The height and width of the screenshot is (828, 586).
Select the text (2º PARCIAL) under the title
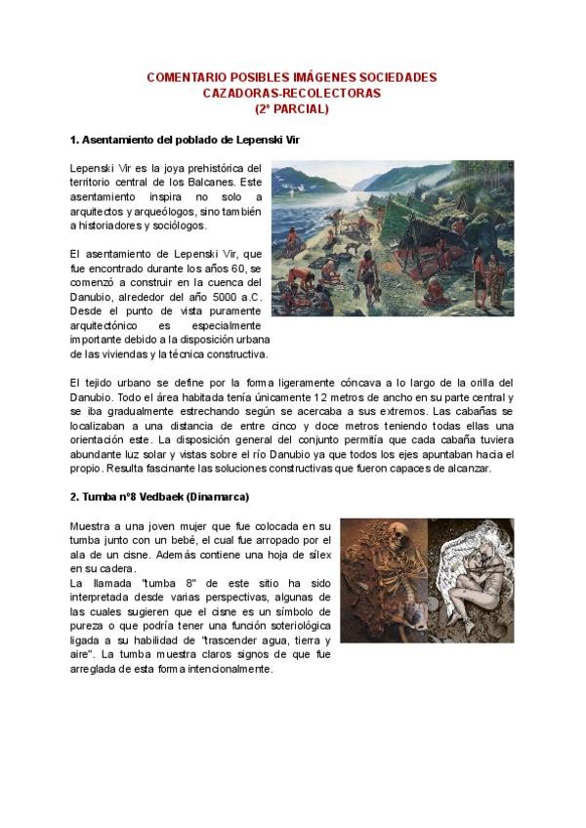click(x=292, y=109)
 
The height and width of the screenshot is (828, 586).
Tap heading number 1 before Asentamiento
click(x=75, y=141)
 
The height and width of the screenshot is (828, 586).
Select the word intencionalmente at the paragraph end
click(x=222, y=670)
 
